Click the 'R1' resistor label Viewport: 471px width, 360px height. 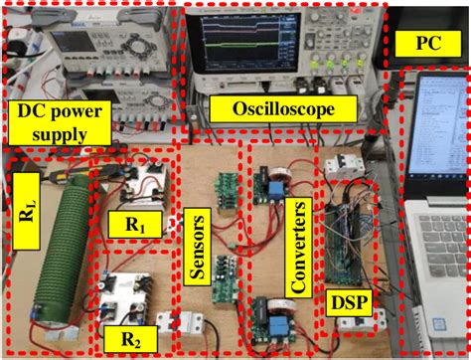[135, 226]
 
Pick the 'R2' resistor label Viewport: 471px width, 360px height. [132, 337]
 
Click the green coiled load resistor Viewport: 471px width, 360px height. [62, 254]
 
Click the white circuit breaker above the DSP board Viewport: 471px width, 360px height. [335, 177]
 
